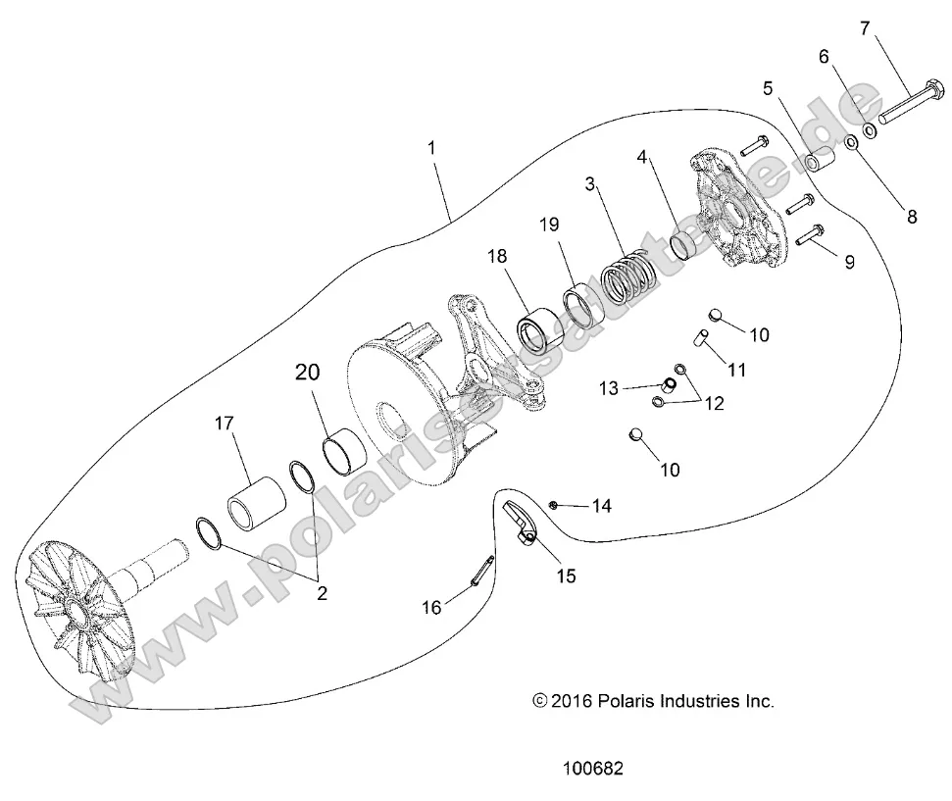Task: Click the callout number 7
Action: pos(864,28)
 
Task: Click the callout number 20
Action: pos(308,373)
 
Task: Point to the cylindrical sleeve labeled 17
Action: pos(258,501)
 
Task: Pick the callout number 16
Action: pos(431,608)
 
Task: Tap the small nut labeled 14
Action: pos(554,504)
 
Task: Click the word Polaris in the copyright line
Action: pos(624,701)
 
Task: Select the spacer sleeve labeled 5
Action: pos(815,160)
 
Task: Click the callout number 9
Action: pos(849,262)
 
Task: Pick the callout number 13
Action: pos(635,388)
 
